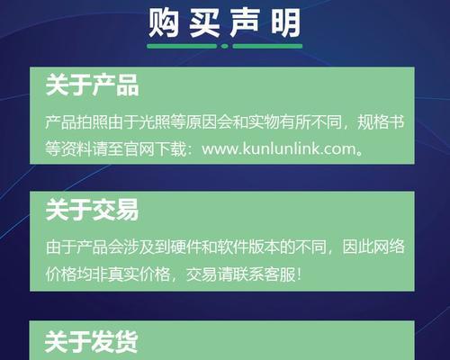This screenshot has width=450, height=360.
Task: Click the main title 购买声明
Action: coord(224,23)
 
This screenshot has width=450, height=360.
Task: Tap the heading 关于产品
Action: coord(92,85)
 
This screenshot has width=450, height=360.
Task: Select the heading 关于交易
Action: coord(92,210)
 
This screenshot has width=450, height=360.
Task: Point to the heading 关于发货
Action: coord(91,342)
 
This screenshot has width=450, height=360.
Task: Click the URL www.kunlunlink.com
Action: coord(279,148)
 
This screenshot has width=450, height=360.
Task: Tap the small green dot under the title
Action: coord(225,46)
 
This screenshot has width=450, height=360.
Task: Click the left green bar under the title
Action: coord(182,46)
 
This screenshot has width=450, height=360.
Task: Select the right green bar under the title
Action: coord(267,46)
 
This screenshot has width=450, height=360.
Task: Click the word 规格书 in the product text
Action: coord(381,122)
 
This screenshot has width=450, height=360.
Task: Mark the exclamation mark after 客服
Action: coord(299,274)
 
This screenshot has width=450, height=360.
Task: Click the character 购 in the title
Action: coord(164,23)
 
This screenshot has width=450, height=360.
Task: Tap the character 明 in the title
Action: coord(285,23)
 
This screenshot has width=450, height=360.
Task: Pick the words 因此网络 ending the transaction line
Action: coord(373,247)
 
